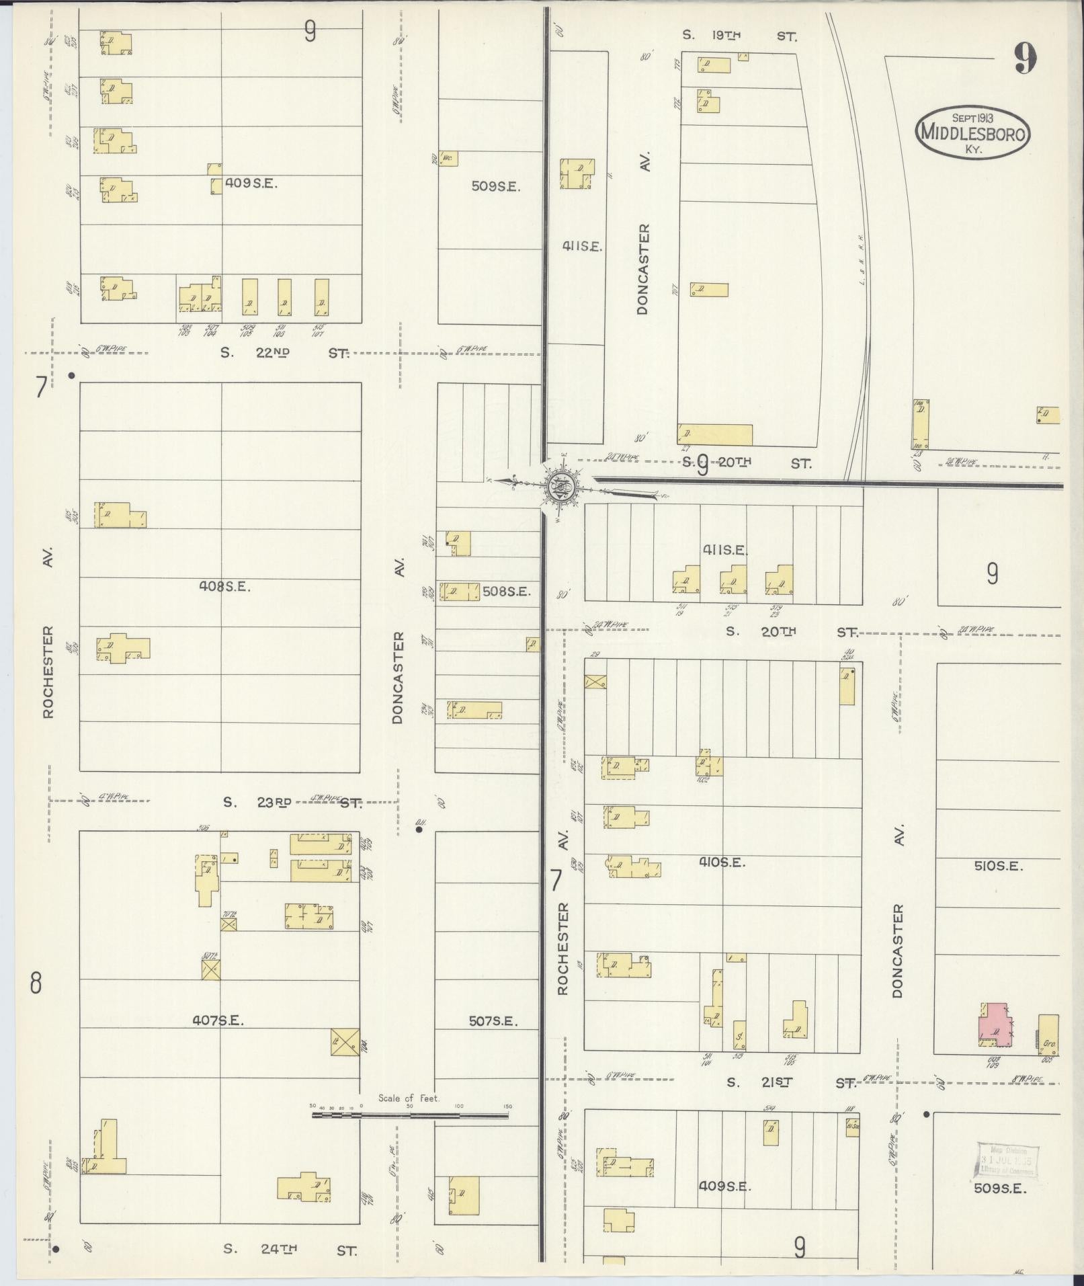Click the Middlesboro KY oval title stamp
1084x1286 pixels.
pyautogui.click(x=972, y=132)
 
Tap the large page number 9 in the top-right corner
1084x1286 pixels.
pyautogui.click(x=1025, y=58)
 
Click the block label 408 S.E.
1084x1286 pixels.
pyautogui.click(x=224, y=586)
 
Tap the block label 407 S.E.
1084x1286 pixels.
pyautogui.click(x=218, y=1020)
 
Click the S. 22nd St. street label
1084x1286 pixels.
pyautogui.click(x=285, y=352)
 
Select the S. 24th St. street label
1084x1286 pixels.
pyautogui.click(x=290, y=1249)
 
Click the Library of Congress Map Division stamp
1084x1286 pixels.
pyautogui.click(x=1005, y=1160)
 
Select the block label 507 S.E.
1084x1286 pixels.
pyautogui.click(x=493, y=1021)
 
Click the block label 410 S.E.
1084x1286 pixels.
pyautogui.click(x=722, y=862)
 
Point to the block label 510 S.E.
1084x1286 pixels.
pyautogui.click(x=999, y=866)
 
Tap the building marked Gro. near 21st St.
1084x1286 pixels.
pyautogui.click(x=1048, y=1035)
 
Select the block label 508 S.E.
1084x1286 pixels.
pyautogui.click(x=507, y=592)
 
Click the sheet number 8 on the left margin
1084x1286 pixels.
pyautogui.click(x=36, y=983)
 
